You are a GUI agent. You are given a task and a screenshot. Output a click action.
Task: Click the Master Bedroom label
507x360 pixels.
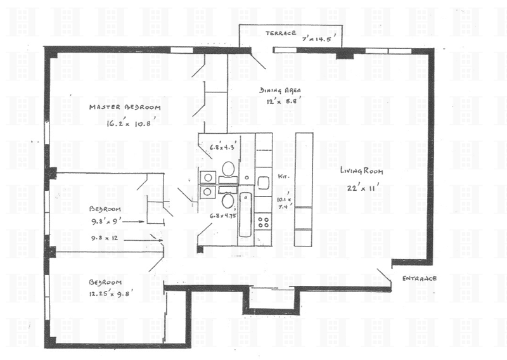tap(125, 107)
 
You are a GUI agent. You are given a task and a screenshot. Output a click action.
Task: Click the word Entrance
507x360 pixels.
tap(420, 278)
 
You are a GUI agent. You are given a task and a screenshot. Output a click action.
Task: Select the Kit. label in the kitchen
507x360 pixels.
tap(283, 176)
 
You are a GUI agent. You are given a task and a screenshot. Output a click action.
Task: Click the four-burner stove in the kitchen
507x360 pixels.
tap(264, 222)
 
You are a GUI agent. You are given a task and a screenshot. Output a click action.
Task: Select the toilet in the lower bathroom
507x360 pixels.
tap(228, 200)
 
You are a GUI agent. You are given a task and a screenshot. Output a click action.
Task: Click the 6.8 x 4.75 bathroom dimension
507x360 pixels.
tap(222, 216)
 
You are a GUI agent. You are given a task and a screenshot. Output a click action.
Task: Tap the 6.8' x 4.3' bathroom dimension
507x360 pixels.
tap(222, 148)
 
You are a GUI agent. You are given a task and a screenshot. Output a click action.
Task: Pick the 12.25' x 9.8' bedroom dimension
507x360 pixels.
tap(111, 293)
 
